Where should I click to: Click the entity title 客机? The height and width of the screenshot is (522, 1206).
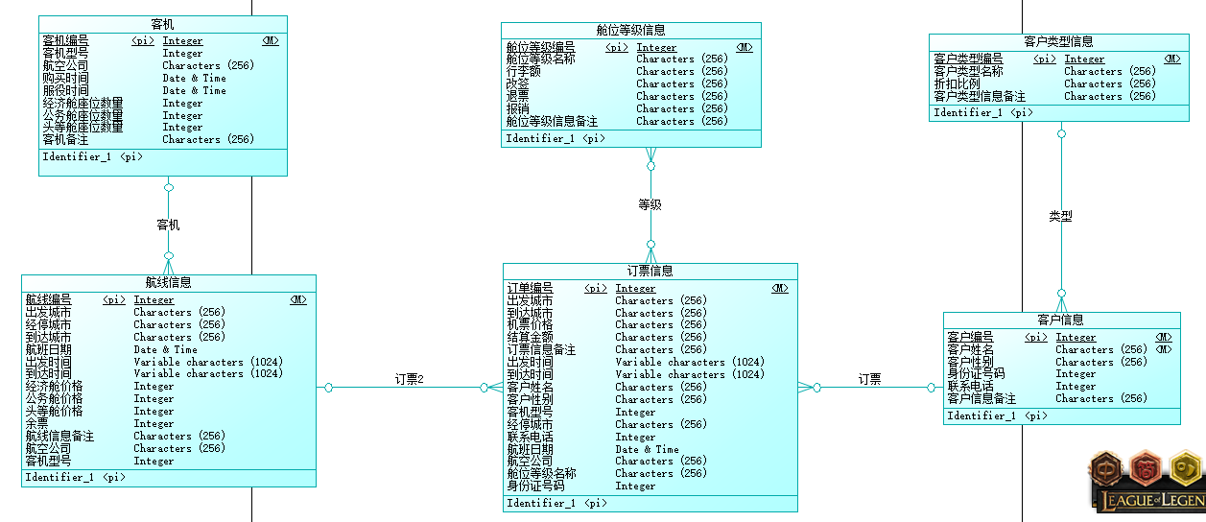(x=163, y=23)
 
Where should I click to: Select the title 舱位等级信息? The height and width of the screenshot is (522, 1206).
(x=630, y=30)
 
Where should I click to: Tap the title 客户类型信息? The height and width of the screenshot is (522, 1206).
(x=1058, y=41)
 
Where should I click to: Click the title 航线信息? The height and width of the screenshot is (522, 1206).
(x=168, y=282)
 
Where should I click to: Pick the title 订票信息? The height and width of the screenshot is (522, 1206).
(x=650, y=271)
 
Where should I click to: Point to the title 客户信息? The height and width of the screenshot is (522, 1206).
(x=1060, y=320)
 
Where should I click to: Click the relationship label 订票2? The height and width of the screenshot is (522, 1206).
(x=409, y=379)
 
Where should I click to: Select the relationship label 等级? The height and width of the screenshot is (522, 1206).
(x=650, y=204)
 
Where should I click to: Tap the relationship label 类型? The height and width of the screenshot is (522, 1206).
(x=1060, y=217)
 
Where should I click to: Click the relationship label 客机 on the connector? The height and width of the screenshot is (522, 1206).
(x=168, y=225)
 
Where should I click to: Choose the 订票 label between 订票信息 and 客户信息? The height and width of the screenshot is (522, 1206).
(x=869, y=379)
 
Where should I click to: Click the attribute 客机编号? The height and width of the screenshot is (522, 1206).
(x=65, y=41)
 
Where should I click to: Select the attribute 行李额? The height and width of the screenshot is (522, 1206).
(x=524, y=71)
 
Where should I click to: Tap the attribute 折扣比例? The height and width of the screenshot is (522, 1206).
(x=958, y=83)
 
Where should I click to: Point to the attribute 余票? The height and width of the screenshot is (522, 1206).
(x=36, y=423)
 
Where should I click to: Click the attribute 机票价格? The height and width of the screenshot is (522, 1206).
(x=530, y=324)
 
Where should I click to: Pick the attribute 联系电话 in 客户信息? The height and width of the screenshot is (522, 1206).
(x=970, y=386)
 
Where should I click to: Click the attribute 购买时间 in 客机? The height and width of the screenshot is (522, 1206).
(x=65, y=78)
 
